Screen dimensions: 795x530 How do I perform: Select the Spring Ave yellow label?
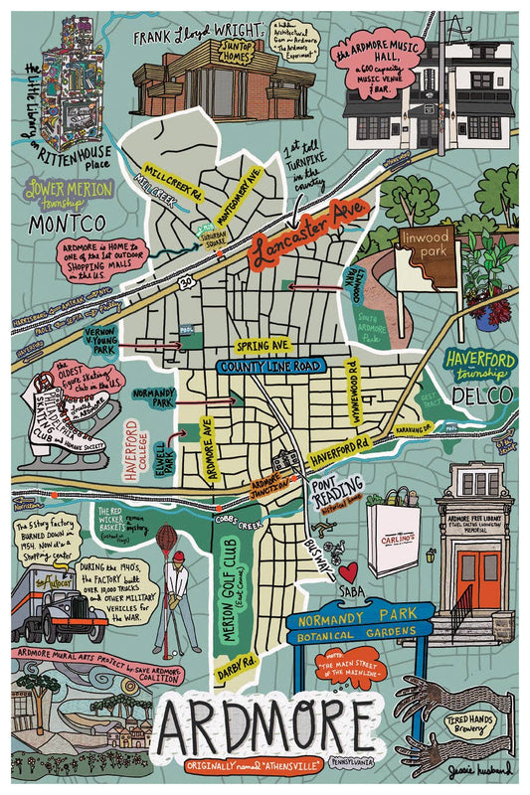(x=263, y=345)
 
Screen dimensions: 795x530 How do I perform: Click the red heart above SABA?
(x=348, y=571)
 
